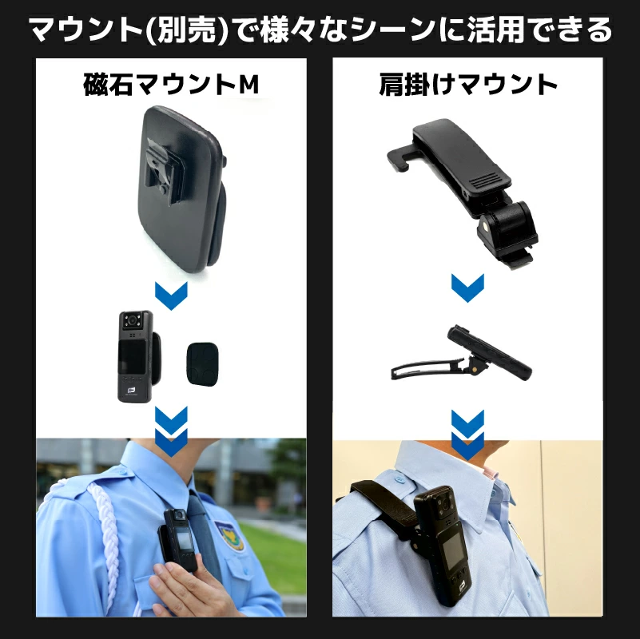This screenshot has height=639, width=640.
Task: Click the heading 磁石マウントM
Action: pyautogui.click(x=171, y=84)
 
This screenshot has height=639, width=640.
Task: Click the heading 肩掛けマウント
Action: pyautogui.click(x=467, y=84)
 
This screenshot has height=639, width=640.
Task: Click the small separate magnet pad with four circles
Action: pyautogui.click(x=202, y=364)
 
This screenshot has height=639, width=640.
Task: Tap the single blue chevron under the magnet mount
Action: pyautogui.click(x=171, y=296)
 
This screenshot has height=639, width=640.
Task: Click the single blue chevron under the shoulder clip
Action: pyautogui.click(x=467, y=288)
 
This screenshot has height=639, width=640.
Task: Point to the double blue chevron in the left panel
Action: pyautogui.click(x=171, y=431)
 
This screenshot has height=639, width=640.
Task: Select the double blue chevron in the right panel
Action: pyautogui.click(x=467, y=435)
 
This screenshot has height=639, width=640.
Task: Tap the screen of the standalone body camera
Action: pyautogui.click(x=130, y=355)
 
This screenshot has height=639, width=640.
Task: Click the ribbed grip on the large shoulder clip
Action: pyautogui.click(x=485, y=179)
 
